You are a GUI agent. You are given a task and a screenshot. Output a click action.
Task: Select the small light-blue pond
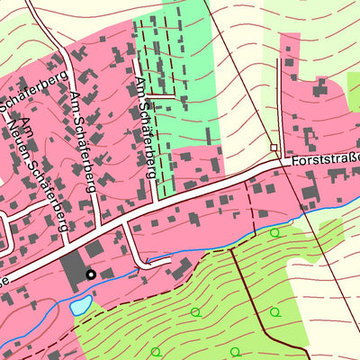tap(80, 306)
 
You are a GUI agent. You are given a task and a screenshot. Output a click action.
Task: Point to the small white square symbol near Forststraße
tap(274, 147)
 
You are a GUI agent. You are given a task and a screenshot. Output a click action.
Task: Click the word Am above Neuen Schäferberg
tap(26, 127)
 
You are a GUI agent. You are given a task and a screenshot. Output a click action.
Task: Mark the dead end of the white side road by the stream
tap(143, 265)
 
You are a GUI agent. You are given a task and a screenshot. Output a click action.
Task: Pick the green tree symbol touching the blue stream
tap(274, 232)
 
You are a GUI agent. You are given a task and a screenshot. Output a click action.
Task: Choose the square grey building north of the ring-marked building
tap(94, 248)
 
